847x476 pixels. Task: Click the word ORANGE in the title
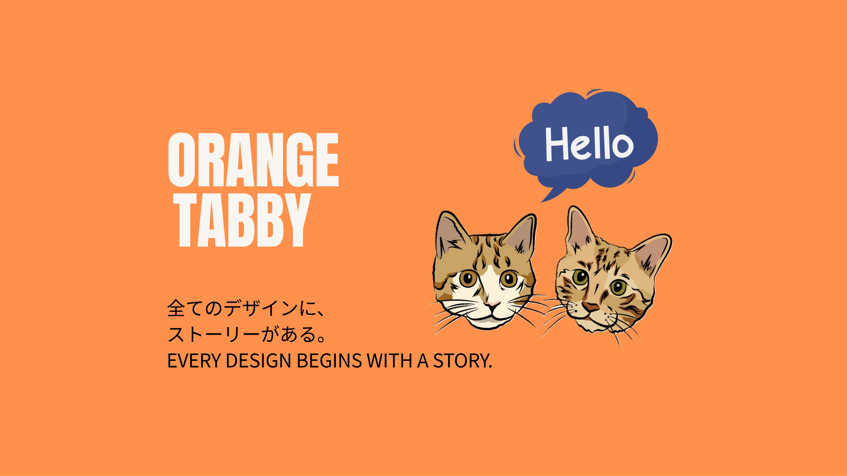point(253,160)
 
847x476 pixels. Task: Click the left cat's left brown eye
point(468,279)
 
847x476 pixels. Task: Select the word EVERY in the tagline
point(194,361)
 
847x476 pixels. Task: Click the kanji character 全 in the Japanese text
point(176,308)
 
